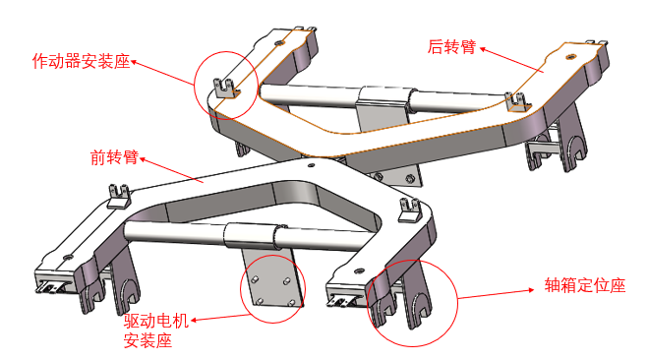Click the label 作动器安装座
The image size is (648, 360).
tap(81, 62)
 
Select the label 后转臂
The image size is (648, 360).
tap(451, 46)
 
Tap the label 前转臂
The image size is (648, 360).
tap(114, 157)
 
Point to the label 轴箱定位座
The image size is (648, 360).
tap(585, 285)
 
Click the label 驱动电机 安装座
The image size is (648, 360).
tap(156, 330)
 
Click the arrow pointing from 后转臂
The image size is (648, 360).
tap(511, 60)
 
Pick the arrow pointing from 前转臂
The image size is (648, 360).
tap(172, 169)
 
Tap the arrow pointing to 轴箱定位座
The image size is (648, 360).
tap(497, 293)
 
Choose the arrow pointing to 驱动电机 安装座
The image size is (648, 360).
tap(220, 317)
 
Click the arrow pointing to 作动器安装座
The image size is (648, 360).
tap(162, 73)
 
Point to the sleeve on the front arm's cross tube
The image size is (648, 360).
tap(255, 235)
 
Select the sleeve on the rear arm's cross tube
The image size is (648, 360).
tap(386, 99)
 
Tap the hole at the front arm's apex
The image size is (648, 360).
tap(311, 165)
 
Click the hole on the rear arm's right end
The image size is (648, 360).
tap(570, 57)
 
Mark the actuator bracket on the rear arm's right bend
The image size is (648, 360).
tap(518, 102)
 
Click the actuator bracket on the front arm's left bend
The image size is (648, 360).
tap(119, 197)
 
